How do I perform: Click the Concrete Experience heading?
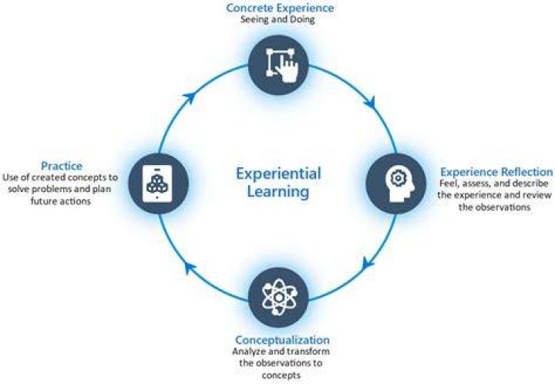click(x=280, y=8)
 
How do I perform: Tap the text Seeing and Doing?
click(x=277, y=19)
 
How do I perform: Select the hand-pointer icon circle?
click(x=278, y=65)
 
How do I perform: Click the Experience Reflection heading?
click(x=496, y=172)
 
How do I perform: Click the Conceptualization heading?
click(x=282, y=340)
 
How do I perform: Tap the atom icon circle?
click(x=278, y=298)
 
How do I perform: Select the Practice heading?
click(x=62, y=166)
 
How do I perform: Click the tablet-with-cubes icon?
click(x=157, y=184)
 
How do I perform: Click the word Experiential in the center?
click(x=278, y=173)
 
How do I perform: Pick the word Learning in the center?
click(x=278, y=191)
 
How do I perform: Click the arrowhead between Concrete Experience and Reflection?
click(x=370, y=102)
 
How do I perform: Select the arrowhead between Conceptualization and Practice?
click(x=191, y=268)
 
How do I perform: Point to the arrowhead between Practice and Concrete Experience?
click(x=190, y=97)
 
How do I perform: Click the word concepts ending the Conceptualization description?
click(x=281, y=376)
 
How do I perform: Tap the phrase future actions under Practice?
click(x=61, y=201)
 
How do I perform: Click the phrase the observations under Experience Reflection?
click(x=494, y=207)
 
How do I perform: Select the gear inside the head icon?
click(x=398, y=178)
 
